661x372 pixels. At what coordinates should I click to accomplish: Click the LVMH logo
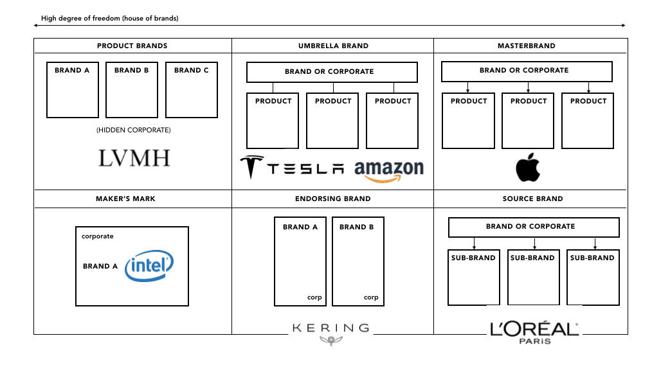[134, 158]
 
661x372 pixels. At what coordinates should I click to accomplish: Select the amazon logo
[389, 170]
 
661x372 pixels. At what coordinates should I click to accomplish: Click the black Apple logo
[528, 168]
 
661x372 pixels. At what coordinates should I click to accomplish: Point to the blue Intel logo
[149, 267]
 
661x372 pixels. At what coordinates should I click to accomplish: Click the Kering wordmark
[330, 328]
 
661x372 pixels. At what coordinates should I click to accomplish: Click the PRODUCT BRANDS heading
[132, 46]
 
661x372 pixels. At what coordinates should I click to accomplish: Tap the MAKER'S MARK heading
[125, 199]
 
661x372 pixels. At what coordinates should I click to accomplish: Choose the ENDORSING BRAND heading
[332, 199]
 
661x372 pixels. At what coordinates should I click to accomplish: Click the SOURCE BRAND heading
[532, 199]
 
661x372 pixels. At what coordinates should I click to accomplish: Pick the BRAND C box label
[191, 71]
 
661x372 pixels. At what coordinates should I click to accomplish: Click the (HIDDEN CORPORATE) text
[134, 130]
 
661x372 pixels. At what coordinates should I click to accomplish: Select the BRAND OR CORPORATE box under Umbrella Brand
[332, 72]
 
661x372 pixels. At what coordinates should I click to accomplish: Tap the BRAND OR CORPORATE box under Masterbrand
[527, 71]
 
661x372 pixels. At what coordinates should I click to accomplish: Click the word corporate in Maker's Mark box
[97, 236]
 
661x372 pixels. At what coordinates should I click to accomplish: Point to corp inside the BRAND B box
[371, 297]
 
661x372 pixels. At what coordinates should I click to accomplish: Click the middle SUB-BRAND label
[532, 258]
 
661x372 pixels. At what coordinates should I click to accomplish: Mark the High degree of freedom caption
[109, 19]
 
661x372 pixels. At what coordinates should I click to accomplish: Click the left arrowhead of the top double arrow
[36, 26]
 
